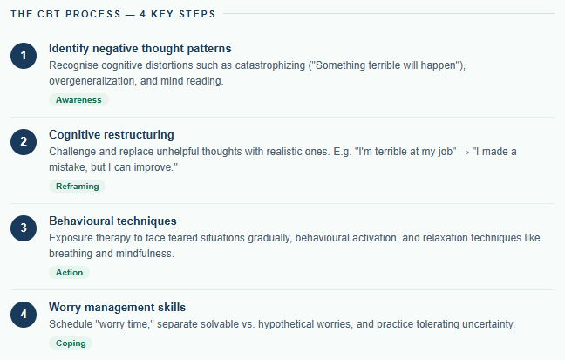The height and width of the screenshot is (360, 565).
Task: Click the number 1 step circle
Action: (24, 55)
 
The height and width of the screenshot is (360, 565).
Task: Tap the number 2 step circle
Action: (24, 141)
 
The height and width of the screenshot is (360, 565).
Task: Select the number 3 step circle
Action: (24, 228)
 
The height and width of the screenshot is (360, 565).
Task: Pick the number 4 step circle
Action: (24, 314)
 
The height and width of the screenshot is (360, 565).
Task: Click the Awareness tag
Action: (78, 100)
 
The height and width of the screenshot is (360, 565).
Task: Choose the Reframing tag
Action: (78, 187)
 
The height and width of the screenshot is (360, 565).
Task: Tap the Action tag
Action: (69, 273)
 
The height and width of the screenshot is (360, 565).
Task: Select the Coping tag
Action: (71, 343)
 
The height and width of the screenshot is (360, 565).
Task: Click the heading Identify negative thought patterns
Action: (140, 48)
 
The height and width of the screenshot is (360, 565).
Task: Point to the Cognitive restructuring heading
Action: (112, 134)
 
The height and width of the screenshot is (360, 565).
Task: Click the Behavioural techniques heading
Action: (112, 221)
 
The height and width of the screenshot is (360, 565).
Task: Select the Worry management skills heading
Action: (117, 307)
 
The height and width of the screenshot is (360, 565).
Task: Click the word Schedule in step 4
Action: (72, 324)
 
